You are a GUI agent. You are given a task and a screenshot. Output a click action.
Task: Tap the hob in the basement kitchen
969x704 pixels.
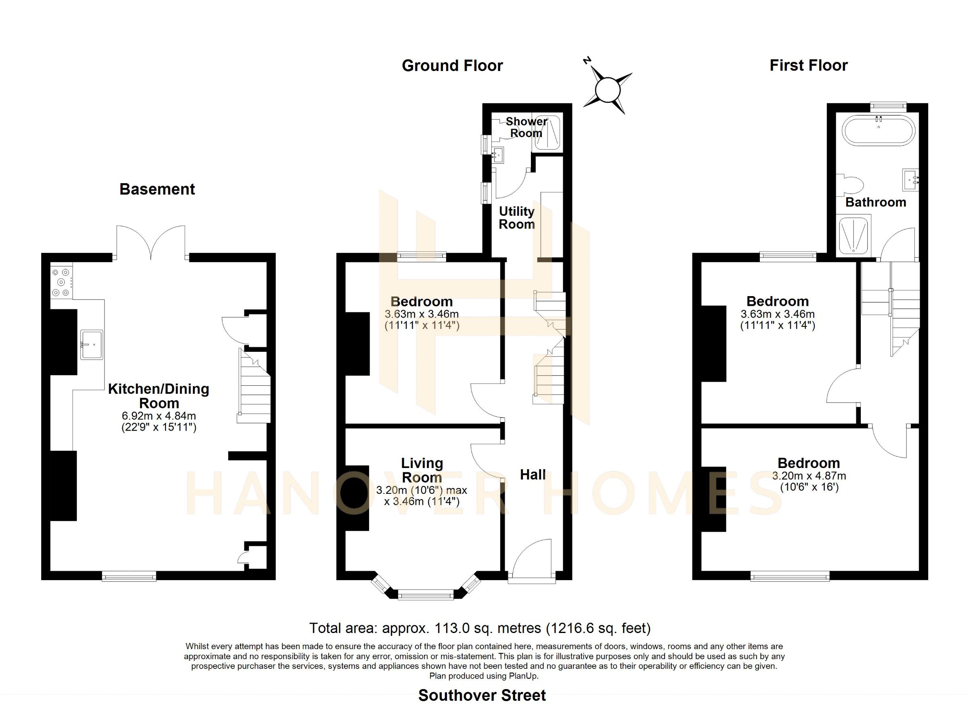point(61,282)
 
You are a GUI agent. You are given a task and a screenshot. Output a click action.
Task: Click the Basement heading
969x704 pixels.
point(157,189)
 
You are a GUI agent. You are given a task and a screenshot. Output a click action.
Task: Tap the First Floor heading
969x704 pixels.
point(808,65)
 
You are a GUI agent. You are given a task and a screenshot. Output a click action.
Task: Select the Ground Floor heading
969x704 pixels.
point(453,66)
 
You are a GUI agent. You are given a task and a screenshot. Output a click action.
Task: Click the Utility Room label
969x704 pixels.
point(517,218)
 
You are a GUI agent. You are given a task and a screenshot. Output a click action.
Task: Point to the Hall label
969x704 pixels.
point(533,475)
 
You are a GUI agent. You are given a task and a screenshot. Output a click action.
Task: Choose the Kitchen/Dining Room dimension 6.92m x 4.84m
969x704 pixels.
point(159,416)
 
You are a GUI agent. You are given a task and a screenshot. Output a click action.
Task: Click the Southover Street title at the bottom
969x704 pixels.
point(482,696)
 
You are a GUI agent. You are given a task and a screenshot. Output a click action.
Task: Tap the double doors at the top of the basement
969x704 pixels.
point(151,242)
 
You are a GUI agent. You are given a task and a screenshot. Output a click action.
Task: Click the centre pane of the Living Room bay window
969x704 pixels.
point(426,595)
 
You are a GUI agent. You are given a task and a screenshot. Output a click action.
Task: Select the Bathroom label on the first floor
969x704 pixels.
point(876,202)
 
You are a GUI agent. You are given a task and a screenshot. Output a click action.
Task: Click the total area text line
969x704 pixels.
point(480,629)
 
